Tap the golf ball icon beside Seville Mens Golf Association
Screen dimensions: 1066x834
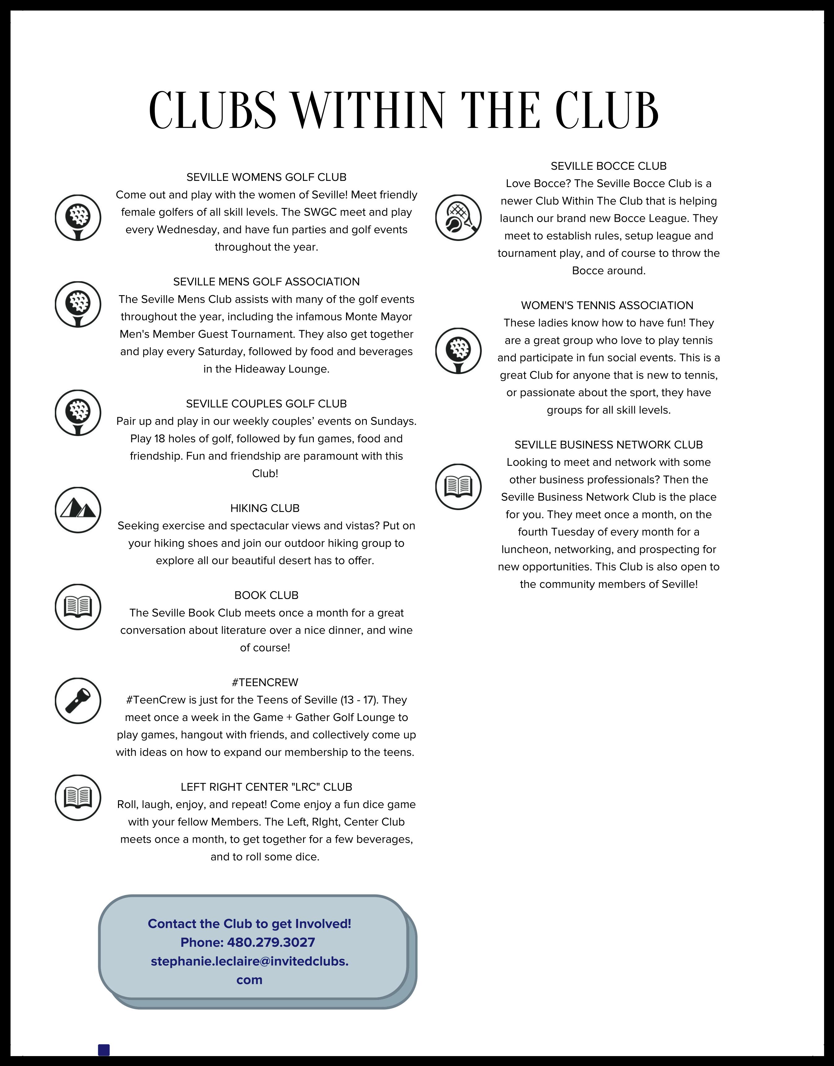point(78,304)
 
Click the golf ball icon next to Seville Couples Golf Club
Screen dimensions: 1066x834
point(78,413)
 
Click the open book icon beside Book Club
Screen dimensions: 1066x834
point(78,607)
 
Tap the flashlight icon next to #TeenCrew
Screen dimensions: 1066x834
point(78,701)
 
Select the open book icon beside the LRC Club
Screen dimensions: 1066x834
point(78,797)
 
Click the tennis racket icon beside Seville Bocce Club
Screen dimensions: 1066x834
point(458,218)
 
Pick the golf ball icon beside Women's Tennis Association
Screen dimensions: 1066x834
point(458,351)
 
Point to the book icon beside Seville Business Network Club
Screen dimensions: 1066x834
point(458,487)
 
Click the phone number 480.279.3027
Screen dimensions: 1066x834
point(271,942)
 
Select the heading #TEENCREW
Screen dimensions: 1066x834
point(265,682)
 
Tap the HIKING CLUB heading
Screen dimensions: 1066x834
point(265,508)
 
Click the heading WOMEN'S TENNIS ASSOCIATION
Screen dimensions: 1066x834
point(607,306)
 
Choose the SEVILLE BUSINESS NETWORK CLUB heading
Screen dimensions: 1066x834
point(608,445)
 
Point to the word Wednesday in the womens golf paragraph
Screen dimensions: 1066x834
point(184,230)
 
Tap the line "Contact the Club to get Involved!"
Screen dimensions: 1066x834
point(249,924)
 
